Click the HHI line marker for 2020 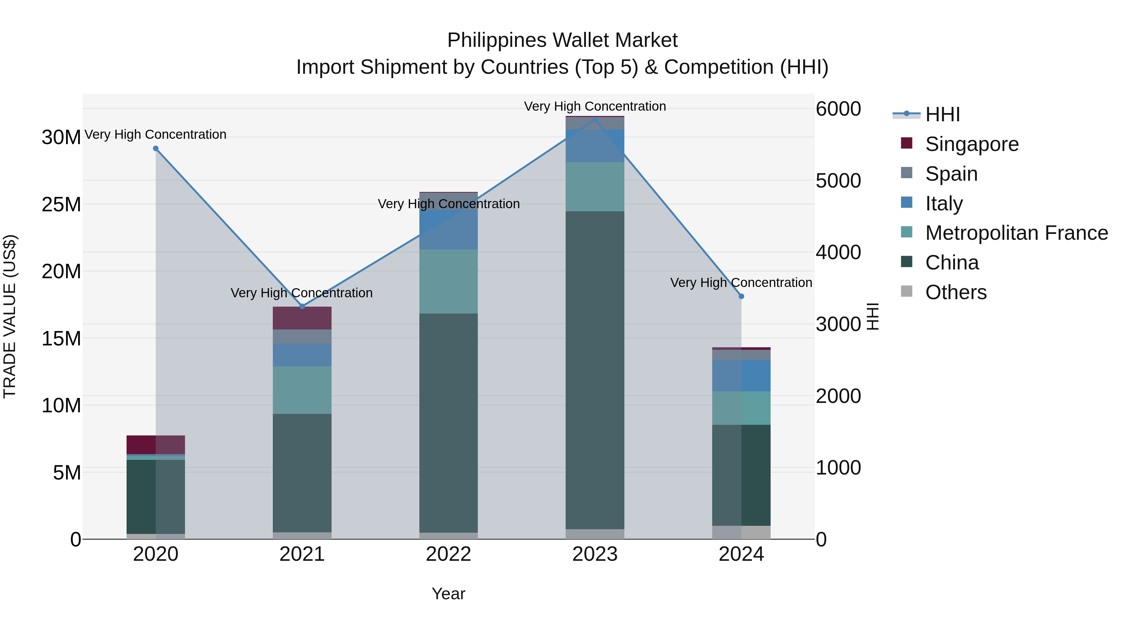point(156,148)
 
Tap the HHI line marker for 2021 point(302,306)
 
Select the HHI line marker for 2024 point(741,296)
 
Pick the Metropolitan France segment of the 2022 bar point(448,281)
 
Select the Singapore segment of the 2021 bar point(302,318)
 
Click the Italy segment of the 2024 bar point(741,376)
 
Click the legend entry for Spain point(951,174)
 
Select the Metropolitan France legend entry point(1016,233)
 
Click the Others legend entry point(956,292)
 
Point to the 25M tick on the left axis point(61,204)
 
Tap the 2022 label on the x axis point(448,554)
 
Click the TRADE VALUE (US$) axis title point(10,316)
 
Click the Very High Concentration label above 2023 point(595,107)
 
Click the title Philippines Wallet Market point(562,40)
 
